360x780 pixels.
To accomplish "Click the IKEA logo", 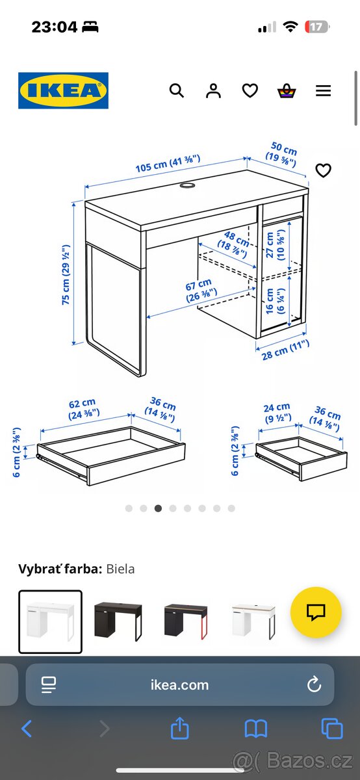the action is click(64, 90).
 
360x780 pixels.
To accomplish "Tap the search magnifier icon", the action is click(177, 90).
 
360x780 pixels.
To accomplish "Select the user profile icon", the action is click(213, 90).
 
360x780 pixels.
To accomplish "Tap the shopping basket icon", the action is click(287, 90).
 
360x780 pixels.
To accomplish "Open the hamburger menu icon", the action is click(323, 90).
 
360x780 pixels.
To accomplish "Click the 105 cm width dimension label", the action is click(168, 163).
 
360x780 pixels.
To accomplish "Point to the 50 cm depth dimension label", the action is click(282, 154).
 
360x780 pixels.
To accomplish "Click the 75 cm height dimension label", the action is click(66, 275).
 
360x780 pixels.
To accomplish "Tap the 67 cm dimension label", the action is click(201, 291).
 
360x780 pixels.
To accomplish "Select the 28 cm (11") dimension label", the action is click(285, 350).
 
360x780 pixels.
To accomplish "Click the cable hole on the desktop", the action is click(187, 185).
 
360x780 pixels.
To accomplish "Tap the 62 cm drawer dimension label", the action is click(84, 409).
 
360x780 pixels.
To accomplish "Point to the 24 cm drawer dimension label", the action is click(277, 413).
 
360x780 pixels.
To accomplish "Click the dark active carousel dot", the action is click(158, 508).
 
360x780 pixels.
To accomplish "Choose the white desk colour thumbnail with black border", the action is click(50, 621).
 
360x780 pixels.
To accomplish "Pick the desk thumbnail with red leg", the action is click(186, 621).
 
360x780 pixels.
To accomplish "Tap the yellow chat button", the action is click(316, 612).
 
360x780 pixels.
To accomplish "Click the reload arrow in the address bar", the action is click(314, 684).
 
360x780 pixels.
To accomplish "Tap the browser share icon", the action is click(179, 728).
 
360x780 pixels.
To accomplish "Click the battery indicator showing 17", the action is click(317, 27).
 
